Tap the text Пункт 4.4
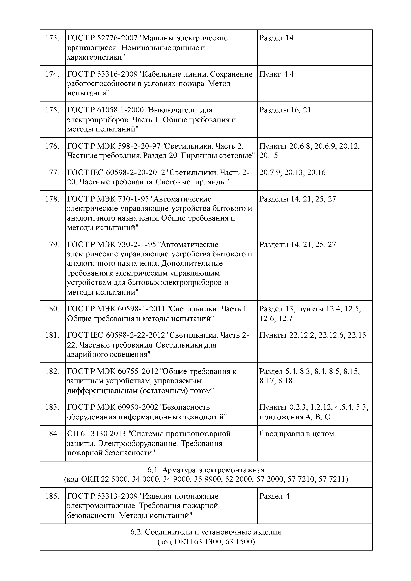coord(276,74)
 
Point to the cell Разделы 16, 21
coord(285,110)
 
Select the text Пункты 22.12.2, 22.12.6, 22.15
coord(312,335)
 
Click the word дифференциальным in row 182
coord(102,391)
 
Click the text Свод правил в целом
coord(297,434)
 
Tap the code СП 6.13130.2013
coord(96,434)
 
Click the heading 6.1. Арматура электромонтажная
coord(206,470)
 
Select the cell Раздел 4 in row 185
coord(274,496)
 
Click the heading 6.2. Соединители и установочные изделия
coord(206,532)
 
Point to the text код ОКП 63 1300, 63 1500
coord(206,542)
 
